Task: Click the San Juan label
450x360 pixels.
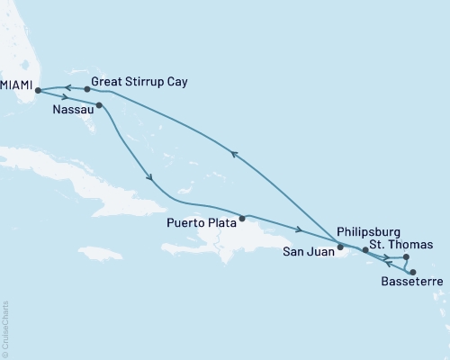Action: coord(303,251)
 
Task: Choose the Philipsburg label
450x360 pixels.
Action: coord(371,231)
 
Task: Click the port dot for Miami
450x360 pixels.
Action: coord(37,90)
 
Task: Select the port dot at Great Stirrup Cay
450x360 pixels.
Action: coord(86,89)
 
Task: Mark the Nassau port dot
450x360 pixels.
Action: coord(99,105)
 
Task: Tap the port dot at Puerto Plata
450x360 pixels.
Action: coord(241,218)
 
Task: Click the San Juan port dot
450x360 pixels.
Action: coord(340,247)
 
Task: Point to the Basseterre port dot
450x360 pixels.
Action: coord(412,272)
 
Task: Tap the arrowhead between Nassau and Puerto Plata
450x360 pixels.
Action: coord(149,176)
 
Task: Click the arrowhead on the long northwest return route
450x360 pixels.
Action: coord(236,154)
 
